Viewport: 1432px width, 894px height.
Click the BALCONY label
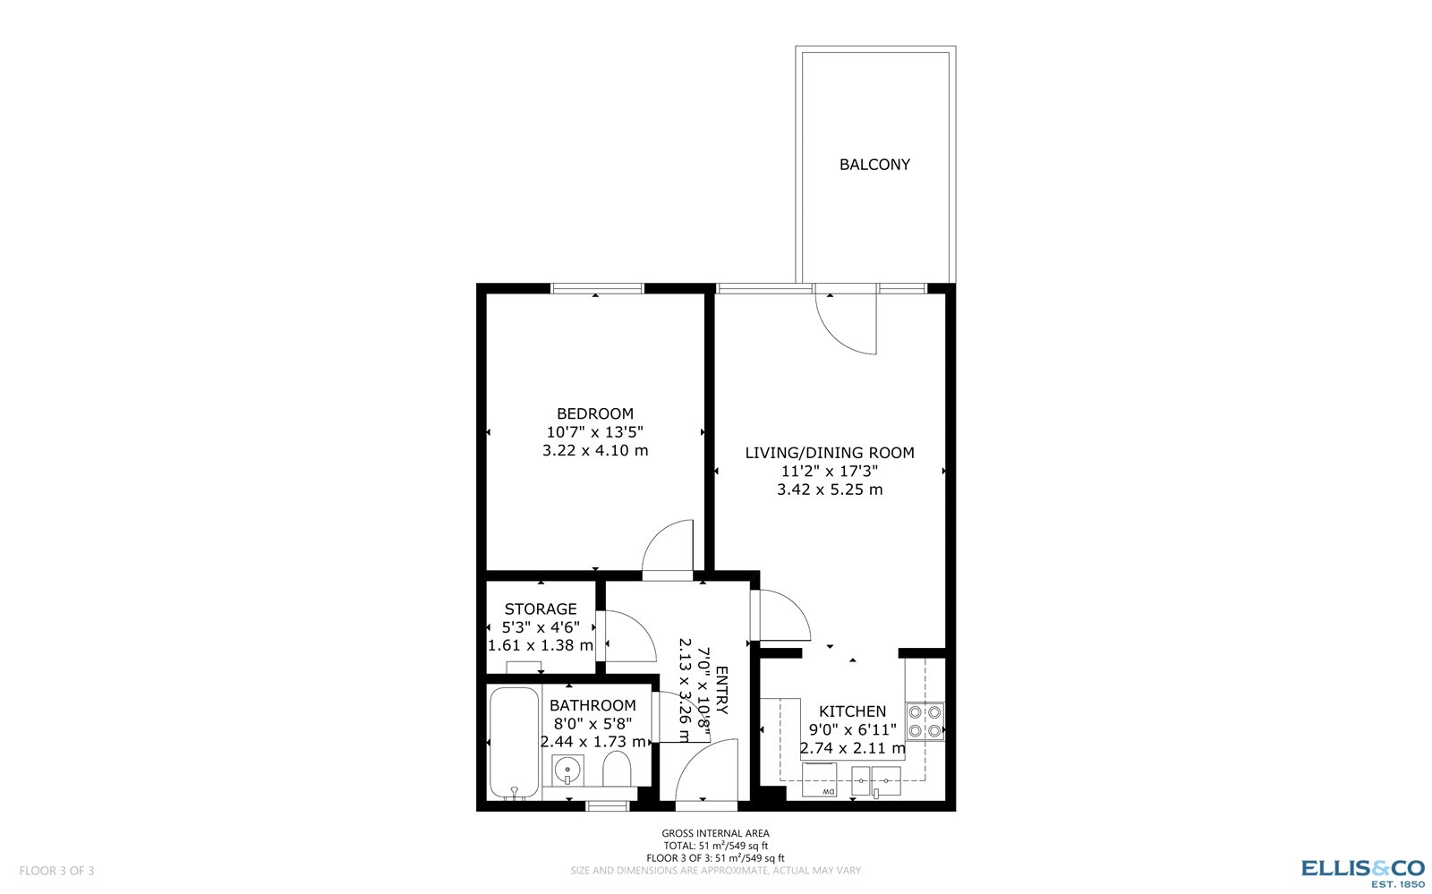click(x=874, y=165)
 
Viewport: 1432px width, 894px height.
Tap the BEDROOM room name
click(x=595, y=413)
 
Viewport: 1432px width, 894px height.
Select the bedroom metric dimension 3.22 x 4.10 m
click(x=595, y=450)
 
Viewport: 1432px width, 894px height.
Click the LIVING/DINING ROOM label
click(x=830, y=453)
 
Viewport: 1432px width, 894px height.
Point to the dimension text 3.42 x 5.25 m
click(x=830, y=490)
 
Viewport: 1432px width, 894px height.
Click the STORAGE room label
click(x=541, y=609)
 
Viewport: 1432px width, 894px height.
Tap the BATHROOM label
click(x=592, y=705)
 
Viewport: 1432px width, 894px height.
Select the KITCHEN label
click(x=852, y=711)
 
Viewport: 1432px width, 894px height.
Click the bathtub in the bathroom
click(x=514, y=743)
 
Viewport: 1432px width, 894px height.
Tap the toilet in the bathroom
click(x=617, y=769)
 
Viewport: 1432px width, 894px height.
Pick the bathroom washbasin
click(x=567, y=769)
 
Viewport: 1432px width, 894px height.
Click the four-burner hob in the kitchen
click(x=925, y=721)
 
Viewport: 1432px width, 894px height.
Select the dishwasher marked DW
click(x=819, y=779)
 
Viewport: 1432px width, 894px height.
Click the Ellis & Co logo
click(x=1362, y=871)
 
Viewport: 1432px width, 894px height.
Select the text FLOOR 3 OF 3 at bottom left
click(x=56, y=871)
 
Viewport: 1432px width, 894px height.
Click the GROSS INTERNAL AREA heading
click(x=715, y=833)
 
